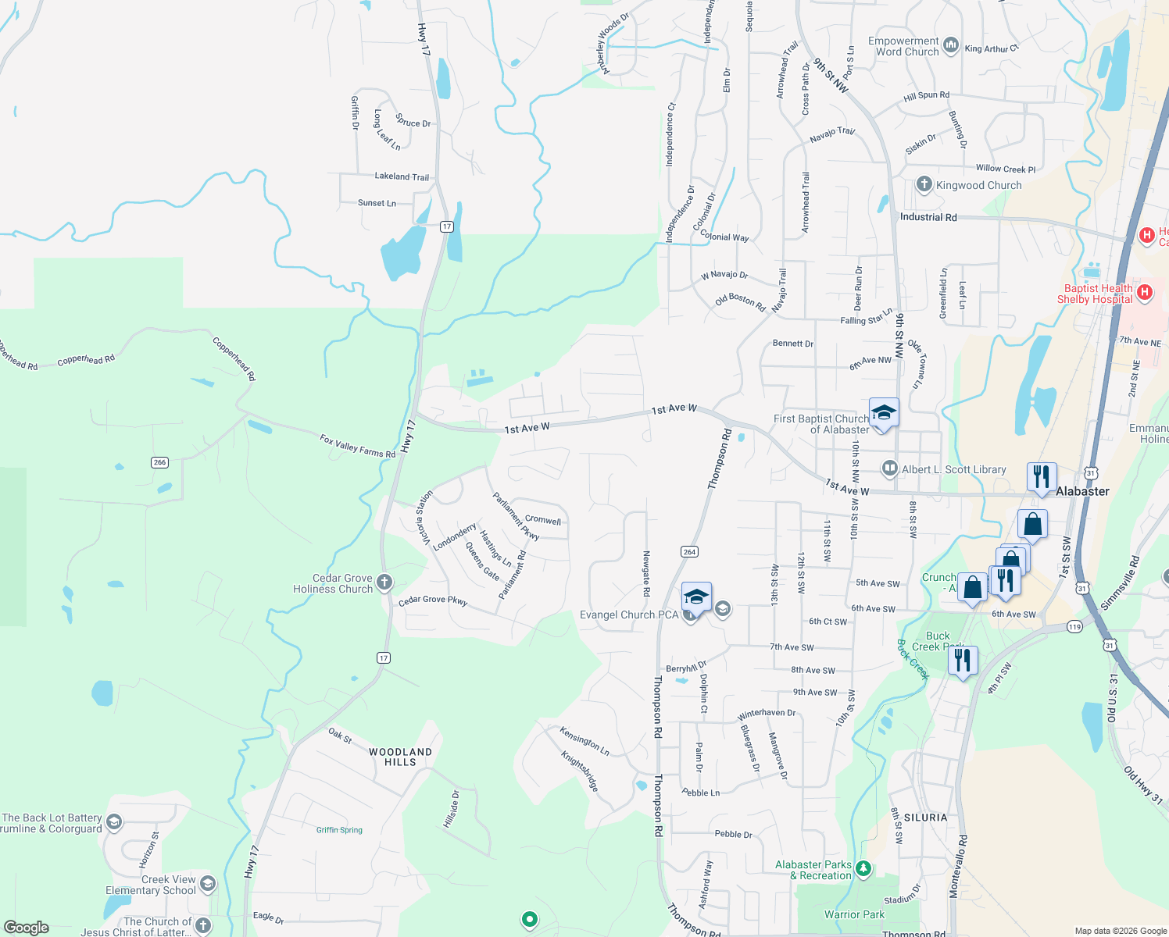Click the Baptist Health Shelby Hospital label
pyautogui.click(x=1095, y=294)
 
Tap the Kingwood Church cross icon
pyautogui.click(x=924, y=184)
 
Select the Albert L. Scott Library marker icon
pyautogui.click(x=889, y=468)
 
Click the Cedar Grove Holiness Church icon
pyautogui.click(x=384, y=583)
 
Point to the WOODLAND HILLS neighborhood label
pyautogui.click(x=400, y=757)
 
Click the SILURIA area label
pyautogui.click(x=925, y=818)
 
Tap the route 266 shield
pyautogui.click(x=159, y=462)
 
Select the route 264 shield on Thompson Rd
pyautogui.click(x=689, y=551)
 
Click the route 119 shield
pyautogui.click(x=1074, y=626)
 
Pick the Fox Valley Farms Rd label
pyautogui.click(x=357, y=447)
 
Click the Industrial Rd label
pyautogui.click(x=928, y=217)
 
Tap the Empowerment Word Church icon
pyautogui.click(x=950, y=45)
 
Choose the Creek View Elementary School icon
pyautogui.click(x=207, y=884)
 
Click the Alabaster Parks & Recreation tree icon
pyautogui.click(x=863, y=868)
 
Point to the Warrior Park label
pyautogui.click(x=854, y=914)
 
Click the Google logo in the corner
pyautogui.click(x=26, y=928)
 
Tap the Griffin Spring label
pyautogui.click(x=339, y=830)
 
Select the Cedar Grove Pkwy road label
pyautogui.click(x=433, y=601)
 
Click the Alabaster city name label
pyautogui.click(x=1082, y=491)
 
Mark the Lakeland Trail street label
pyautogui.click(x=402, y=176)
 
